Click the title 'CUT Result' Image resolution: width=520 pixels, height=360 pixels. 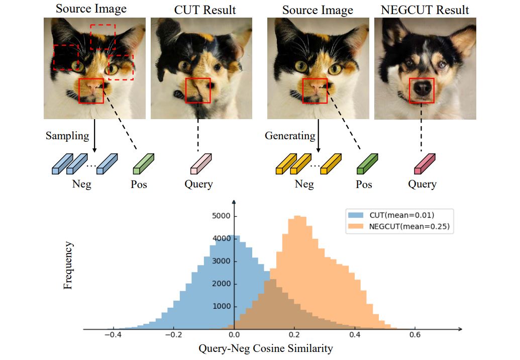point(205,9)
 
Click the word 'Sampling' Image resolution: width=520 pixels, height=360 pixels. point(67,136)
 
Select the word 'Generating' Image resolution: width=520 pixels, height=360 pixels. point(290,136)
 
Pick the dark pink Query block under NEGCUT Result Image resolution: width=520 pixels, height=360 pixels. point(423,164)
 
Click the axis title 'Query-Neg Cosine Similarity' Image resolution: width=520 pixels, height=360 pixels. point(266,348)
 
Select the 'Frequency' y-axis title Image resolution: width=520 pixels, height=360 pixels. point(68,265)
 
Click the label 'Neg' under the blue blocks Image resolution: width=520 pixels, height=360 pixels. point(82,184)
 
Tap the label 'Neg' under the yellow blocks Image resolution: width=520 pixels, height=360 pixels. point(304,184)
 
